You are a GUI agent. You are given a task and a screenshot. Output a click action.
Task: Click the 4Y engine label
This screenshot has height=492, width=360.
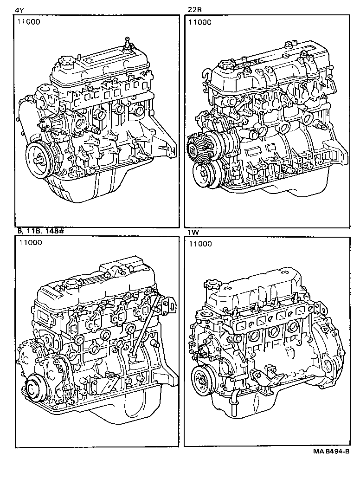pyautogui.click(x=19, y=10)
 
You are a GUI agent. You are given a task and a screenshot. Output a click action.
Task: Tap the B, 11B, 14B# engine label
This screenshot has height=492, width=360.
pyautogui.click(x=37, y=232)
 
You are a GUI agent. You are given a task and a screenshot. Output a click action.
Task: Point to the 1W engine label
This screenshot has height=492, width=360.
pyautogui.click(x=192, y=232)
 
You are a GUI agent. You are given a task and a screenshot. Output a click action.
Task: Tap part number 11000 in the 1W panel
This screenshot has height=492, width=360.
pyautogui.click(x=200, y=244)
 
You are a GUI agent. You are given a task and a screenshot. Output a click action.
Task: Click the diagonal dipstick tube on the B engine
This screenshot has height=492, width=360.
pyautogui.click(x=145, y=325)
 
